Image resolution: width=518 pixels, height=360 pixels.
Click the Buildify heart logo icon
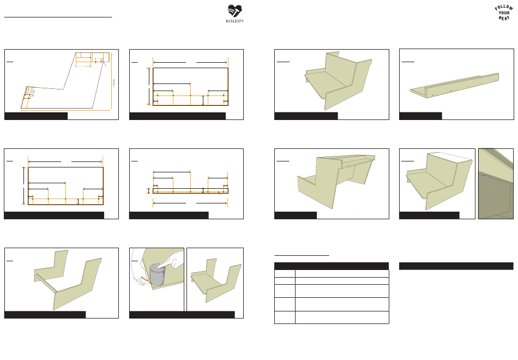click(234, 10)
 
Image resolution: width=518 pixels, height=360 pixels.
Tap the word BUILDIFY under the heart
click(234, 20)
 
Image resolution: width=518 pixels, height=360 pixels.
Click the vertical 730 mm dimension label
click(113, 85)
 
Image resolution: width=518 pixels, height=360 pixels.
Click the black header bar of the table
click(332, 266)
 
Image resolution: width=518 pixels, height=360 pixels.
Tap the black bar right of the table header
click(456, 266)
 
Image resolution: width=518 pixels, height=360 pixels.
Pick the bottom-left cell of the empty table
click(284, 317)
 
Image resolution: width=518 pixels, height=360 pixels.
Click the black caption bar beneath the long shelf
click(420, 116)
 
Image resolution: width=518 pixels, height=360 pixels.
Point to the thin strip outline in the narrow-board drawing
click(190, 191)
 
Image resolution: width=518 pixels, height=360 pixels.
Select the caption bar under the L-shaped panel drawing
click(36, 116)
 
